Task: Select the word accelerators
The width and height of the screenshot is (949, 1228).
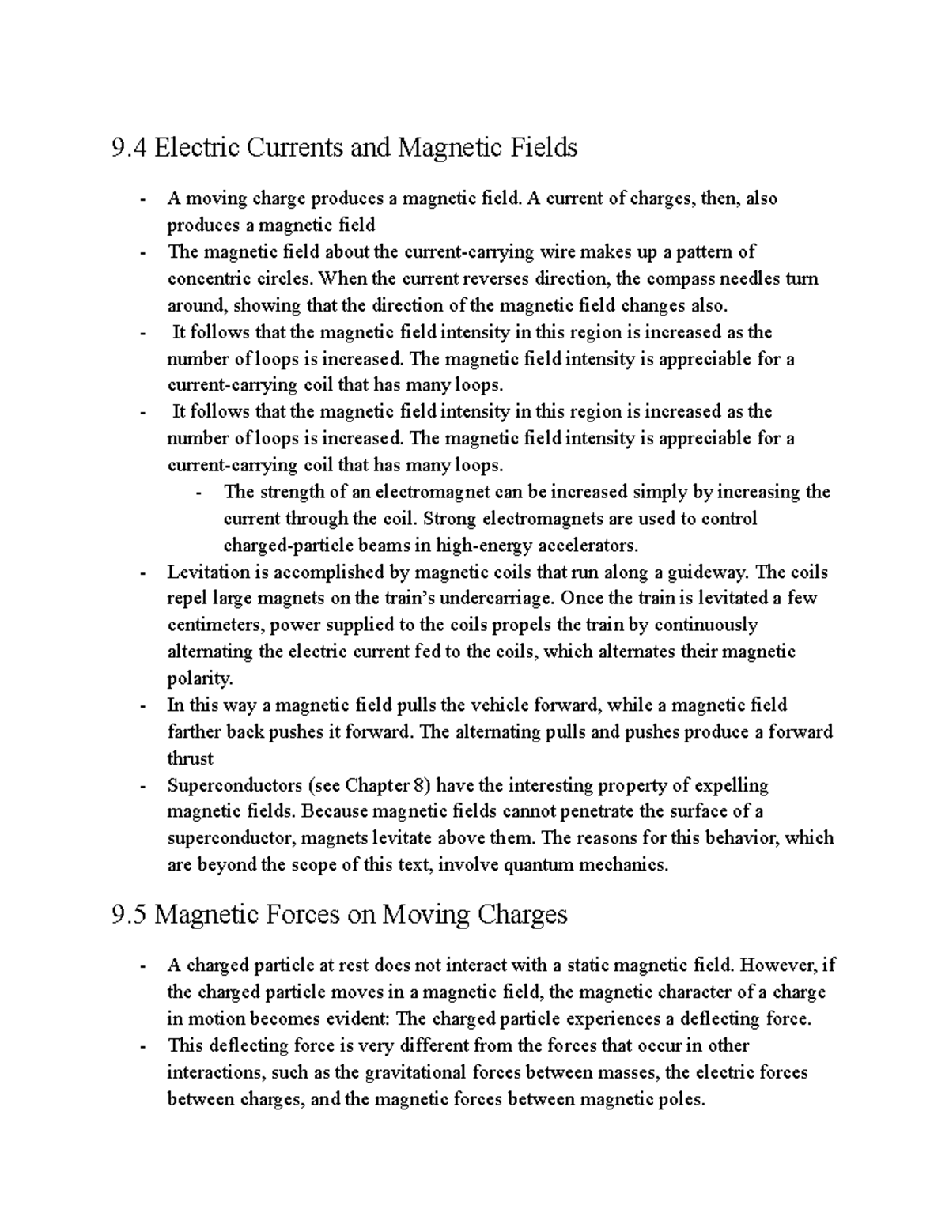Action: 587,546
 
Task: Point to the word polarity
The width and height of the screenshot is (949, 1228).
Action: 200,678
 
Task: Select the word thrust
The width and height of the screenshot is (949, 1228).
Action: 191,758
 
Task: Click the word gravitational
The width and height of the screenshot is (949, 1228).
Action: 416,1072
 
